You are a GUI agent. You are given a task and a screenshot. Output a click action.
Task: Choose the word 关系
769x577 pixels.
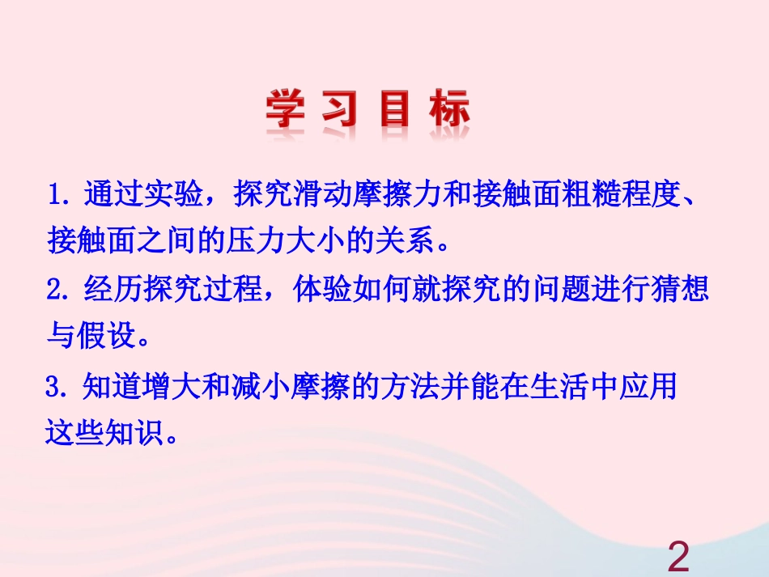(x=409, y=240)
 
